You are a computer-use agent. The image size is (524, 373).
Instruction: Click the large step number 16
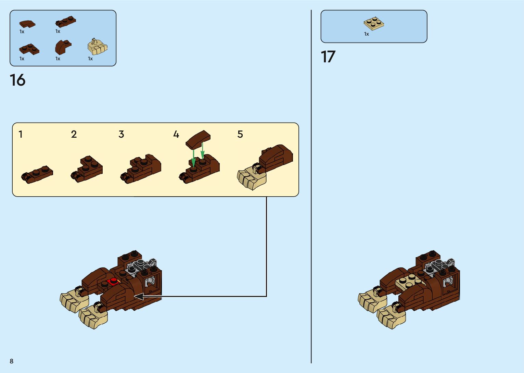pyautogui.click(x=17, y=80)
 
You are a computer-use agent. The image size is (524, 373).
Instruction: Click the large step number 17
pyautogui.click(x=328, y=57)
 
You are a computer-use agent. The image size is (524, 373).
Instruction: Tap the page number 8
pyautogui.click(x=12, y=361)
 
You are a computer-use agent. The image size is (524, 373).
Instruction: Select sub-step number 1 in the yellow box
pyautogui.click(x=21, y=134)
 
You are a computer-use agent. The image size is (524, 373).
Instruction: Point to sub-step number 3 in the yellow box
pyautogui.click(x=121, y=134)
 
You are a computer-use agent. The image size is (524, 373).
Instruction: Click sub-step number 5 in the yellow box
pyautogui.click(x=240, y=134)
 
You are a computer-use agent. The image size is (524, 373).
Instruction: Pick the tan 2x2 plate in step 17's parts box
pyautogui.click(x=374, y=23)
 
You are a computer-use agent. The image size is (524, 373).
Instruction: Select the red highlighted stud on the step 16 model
pyautogui.click(x=112, y=281)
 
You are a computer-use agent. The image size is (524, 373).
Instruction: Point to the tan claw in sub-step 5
pyautogui.click(x=252, y=178)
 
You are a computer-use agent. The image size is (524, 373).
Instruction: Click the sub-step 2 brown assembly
pyautogui.click(x=87, y=169)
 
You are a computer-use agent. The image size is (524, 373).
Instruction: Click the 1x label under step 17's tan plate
pyautogui.click(x=367, y=34)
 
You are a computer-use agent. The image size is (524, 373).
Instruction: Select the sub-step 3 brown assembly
pyautogui.click(x=141, y=168)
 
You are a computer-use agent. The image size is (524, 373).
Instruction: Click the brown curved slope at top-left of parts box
pyautogui.click(x=27, y=24)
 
